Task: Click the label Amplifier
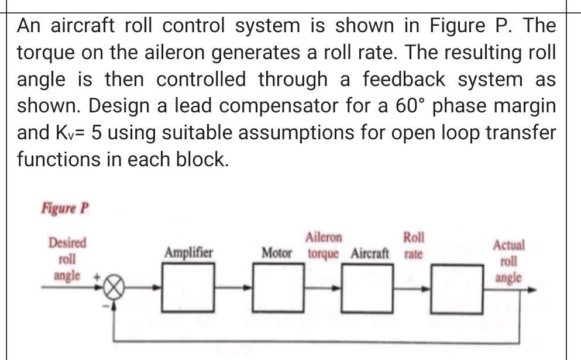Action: (188, 253)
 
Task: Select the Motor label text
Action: (277, 254)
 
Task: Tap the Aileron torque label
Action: (324, 246)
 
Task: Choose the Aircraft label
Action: (370, 254)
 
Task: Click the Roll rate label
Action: (414, 246)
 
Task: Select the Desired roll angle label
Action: (67, 258)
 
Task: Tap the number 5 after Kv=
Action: (97, 133)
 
